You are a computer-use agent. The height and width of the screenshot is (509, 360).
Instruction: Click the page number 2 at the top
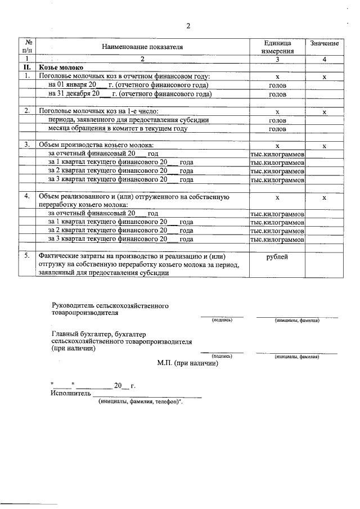(x=188, y=26)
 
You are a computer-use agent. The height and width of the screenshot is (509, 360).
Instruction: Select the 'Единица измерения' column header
(x=277, y=47)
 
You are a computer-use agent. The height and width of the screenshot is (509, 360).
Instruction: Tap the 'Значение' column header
(x=323, y=43)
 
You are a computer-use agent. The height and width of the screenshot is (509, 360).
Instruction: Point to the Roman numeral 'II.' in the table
(x=26, y=67)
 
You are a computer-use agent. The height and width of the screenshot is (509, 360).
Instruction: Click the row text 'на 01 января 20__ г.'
(x=128, y=85)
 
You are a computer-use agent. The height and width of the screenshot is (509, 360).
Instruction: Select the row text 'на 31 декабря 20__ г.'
(x=129, y=94)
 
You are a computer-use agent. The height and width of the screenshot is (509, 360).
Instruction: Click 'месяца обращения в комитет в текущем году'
(x=118, y=129)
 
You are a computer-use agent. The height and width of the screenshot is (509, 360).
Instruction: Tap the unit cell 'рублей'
(x=277, y=256)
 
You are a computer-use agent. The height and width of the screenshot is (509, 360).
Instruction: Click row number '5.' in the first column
(x=26, y=256)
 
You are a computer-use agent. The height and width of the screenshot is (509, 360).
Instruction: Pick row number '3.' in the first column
(x=26, y=145)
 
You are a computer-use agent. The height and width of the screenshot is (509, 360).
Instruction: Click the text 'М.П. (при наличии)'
(x=188, y=363)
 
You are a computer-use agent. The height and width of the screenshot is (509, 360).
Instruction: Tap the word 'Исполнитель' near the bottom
(x=70, y=394)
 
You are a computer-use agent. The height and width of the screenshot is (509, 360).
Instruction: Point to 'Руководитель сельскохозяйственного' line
(x=110, y=305)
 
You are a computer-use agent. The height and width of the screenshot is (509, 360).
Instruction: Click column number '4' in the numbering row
(x=323, y=58)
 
